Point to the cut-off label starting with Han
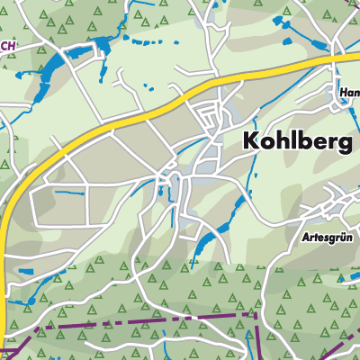(x=349, y=92)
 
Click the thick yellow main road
(x=135, y=112)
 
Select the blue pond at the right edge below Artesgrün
(x=354, y=261)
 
